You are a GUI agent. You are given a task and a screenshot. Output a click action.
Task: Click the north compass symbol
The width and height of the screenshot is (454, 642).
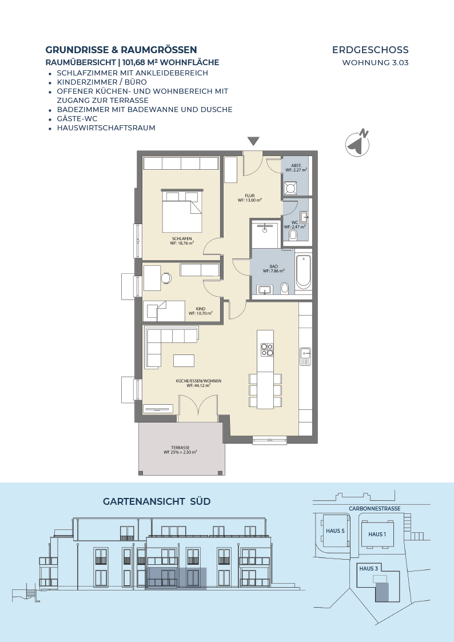pyautogui.click(x=358, y=143)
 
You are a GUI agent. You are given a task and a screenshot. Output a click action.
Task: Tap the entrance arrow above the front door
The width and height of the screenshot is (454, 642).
pyautogui.click(x=253, y=141)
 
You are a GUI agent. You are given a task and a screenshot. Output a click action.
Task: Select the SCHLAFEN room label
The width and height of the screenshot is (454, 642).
pyautogui.click(x=182, y=239)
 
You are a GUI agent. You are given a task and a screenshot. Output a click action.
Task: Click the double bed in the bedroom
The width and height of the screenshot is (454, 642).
pyautogui.click(x=182, y=211)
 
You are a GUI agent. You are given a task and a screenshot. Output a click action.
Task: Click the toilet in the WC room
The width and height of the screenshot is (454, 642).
pyautogui.click(x=293, y=235)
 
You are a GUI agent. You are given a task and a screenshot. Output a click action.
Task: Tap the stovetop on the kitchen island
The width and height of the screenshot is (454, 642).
pyautogui.click(x=267, y=349)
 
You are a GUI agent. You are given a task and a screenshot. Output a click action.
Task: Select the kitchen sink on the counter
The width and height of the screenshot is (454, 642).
pyautogui.click(x=305, y=356)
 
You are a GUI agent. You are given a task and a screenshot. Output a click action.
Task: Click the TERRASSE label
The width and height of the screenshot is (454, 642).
pyautogui.click(x=180, y=448)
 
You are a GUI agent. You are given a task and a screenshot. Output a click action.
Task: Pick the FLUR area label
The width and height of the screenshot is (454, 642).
pyautogui.click(x=250, y=196)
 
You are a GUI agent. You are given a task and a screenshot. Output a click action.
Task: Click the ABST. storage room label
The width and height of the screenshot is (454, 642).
pyautogui.click(x=296, y=165)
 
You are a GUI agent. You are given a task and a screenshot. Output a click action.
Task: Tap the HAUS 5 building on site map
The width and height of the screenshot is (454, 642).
pyautogui.click(x=335, y=531)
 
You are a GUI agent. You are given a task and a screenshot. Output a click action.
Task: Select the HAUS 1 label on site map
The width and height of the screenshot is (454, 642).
pyautogui.click(x=377, y=534)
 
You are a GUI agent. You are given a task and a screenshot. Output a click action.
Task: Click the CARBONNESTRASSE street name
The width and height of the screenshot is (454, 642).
pyautogui.click(x=375, y=509)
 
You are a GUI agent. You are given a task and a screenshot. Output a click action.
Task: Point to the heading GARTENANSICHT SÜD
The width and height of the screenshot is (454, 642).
pyautogui.click(x=157, y=501)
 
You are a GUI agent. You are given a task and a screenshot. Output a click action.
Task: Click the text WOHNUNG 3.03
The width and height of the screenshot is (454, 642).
pyautogui.click(x=376, y=63)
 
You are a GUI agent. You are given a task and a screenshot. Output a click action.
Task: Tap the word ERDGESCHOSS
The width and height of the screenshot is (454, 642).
pyautogui.click(x=371, y=50)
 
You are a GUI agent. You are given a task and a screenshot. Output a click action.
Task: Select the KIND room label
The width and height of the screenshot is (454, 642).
pyautogui.click(x=201, y=309)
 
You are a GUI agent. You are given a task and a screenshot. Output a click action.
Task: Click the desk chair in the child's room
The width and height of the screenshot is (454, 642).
pyautogui.click(x=166, y=278)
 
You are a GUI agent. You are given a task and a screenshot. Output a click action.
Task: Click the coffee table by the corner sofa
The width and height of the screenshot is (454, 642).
pyautogui.click(x=184, y=360)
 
